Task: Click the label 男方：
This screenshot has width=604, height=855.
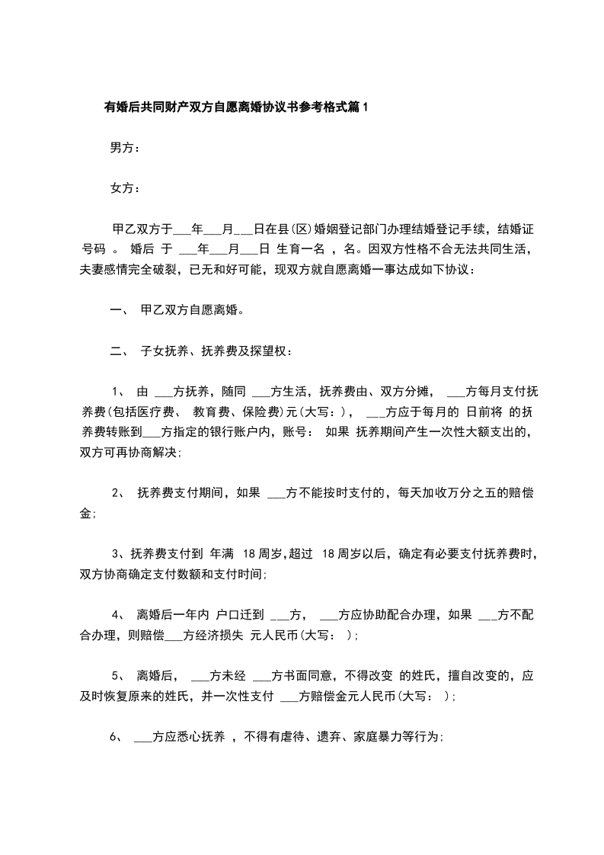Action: [x=125, y=148]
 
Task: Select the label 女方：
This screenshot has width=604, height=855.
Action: [x=125, y=188]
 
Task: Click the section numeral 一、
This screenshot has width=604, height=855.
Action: [x=120, y=310]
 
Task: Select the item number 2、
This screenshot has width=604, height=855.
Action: [x=119, y=493]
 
